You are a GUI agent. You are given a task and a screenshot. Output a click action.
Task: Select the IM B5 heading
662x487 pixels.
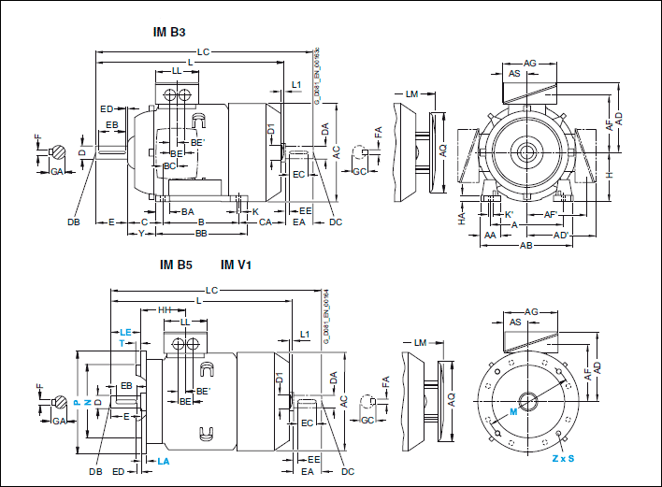pos(176,265)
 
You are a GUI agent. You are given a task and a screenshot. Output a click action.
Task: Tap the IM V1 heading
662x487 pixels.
pos(236,265)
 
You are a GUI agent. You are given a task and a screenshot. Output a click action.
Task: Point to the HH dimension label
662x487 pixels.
pos(165,309)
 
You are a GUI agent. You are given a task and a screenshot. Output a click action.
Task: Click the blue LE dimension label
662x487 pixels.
pos(126,333)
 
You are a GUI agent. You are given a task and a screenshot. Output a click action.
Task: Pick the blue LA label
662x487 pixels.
pos(163,462)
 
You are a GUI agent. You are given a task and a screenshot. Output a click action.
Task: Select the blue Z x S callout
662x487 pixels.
pos(562,459)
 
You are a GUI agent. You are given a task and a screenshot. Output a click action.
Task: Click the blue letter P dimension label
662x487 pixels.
pos(77,402)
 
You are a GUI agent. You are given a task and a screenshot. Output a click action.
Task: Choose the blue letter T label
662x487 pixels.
pos(122,344)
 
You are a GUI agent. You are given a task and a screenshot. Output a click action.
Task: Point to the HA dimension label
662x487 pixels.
pos(461,217)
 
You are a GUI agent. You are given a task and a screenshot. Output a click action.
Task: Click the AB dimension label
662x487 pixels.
pos(526,247)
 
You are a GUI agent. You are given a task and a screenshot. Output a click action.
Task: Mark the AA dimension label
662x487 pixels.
pos(490,236)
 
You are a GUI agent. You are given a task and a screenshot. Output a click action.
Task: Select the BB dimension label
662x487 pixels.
pos(200,233)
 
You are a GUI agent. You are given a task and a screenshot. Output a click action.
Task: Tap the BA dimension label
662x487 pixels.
pos(187,212)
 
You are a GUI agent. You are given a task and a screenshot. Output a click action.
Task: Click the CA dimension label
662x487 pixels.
pos(266,222)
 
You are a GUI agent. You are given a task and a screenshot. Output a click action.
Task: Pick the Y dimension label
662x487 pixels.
pos(141,233)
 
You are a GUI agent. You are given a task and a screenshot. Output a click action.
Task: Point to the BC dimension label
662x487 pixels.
pos(169,165)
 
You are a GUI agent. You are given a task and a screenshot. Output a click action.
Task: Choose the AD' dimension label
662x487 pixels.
pos(561,236)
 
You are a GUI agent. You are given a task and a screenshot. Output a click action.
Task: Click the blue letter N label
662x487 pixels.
pos(87,402)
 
